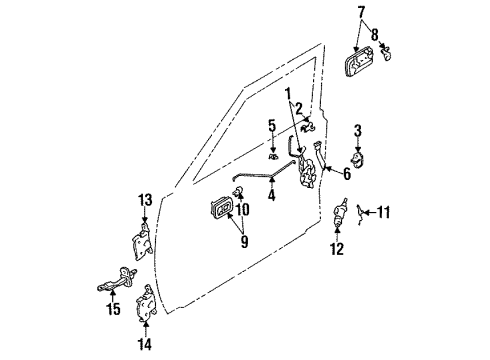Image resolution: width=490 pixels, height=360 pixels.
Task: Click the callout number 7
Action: (x=362, y=11)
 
